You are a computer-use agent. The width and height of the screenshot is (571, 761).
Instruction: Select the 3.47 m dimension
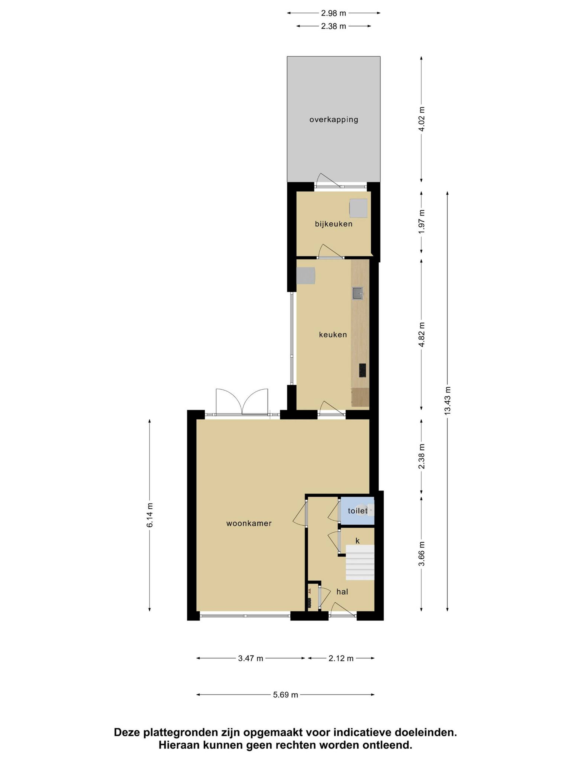click(251, 658)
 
